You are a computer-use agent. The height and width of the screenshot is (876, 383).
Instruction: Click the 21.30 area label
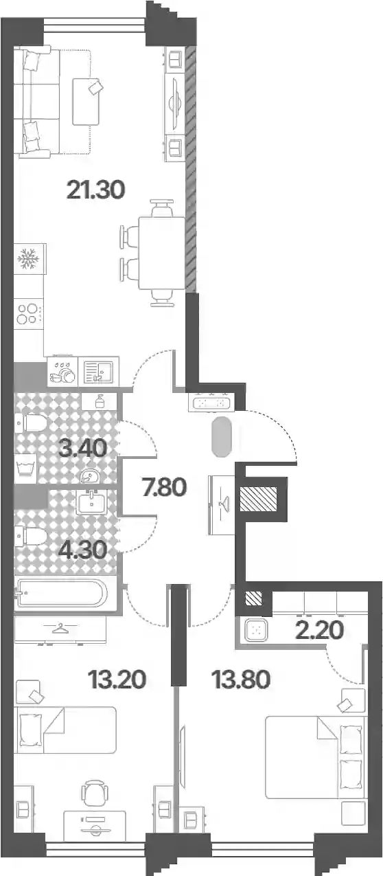[96, 190]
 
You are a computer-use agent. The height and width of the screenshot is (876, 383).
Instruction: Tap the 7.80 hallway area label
[165, 487]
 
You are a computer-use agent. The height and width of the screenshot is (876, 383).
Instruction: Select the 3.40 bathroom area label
[82, 447]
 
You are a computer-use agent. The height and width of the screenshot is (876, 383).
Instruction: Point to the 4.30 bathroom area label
[82, 550]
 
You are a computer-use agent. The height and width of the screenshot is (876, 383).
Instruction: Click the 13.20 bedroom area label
[117, 680]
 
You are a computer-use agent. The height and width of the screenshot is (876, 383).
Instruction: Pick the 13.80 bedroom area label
[241, 680]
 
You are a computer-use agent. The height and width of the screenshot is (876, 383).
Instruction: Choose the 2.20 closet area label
[320, 630]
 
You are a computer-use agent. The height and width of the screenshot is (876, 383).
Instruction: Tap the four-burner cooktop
[29, 314]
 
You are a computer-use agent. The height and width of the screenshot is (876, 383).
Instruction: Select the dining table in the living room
[162, 253]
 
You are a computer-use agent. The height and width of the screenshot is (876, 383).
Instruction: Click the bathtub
[62, 593]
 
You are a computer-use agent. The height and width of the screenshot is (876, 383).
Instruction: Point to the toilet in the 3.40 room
[32, 423]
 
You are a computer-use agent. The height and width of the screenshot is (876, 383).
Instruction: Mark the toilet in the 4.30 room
[32, 536]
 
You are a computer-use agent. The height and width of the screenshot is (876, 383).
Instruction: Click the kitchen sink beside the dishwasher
[98, 372]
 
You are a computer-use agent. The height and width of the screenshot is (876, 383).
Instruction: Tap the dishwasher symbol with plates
[62, 372]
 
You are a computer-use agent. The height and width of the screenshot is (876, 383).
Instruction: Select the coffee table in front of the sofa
[86, 101]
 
